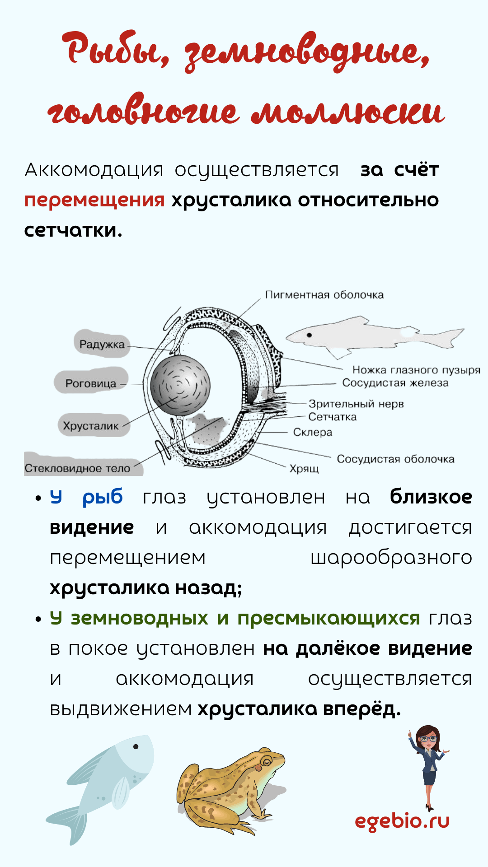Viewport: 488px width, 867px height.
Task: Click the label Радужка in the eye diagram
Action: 102,345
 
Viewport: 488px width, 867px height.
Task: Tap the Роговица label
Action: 91,383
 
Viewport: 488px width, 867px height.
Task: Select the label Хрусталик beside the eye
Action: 91,426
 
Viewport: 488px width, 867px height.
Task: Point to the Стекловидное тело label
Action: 77,468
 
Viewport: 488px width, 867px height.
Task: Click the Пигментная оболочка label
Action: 324,295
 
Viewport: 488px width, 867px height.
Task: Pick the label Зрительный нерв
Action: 356,404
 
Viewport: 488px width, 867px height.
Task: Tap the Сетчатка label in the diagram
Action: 333,417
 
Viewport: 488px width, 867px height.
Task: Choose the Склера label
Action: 313,432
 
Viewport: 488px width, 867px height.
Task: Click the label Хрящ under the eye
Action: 304,469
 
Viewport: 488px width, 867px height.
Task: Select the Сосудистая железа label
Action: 395,383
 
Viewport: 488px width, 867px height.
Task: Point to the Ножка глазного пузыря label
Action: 416,370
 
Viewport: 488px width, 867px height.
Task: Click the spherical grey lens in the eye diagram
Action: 180,385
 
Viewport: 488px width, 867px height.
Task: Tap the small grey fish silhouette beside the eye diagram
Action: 375,335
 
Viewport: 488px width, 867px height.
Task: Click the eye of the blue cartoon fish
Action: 136,746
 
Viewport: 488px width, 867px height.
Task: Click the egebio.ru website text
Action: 402,821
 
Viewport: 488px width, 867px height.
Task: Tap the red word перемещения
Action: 94,200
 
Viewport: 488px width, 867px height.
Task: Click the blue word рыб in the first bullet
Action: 103,497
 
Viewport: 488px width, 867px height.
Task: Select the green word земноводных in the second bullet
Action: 140,618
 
